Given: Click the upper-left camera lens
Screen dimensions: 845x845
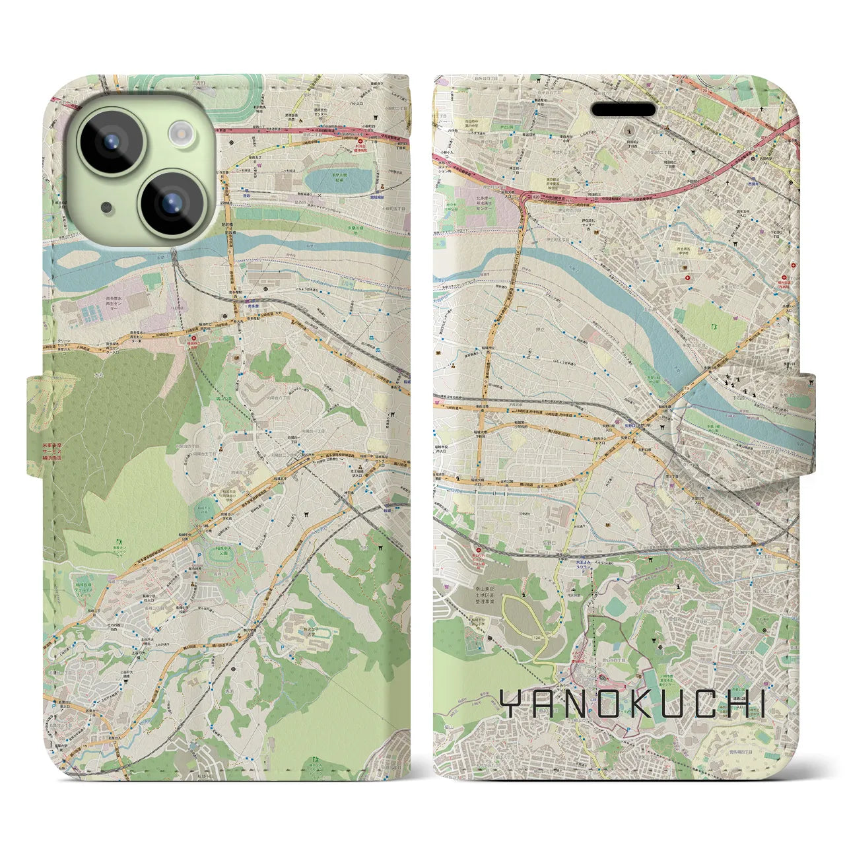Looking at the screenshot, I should [x=110, y=141].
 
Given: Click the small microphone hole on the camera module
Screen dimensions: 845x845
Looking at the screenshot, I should [x=106, y=208].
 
